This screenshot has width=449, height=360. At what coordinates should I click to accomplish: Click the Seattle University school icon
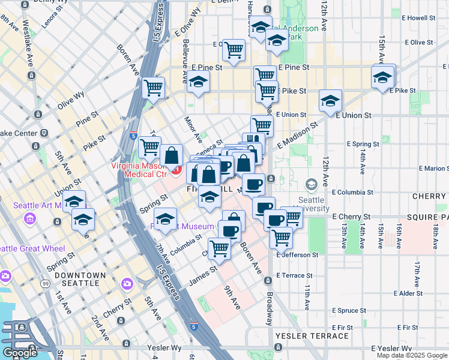(x=311, y=184)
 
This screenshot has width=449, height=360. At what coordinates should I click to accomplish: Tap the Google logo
(x=20, y=352)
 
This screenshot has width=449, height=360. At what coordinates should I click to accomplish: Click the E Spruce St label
(x=343, y=310)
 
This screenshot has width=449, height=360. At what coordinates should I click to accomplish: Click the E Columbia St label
(x=352, y=193)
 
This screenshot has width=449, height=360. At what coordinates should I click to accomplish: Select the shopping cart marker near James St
(x=219, y=247)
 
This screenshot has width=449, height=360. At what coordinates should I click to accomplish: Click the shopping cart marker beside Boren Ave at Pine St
(x=154, y=87)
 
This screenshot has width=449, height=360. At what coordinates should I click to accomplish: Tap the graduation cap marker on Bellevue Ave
(x=197, y=82)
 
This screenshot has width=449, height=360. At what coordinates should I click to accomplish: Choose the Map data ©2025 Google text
(x=411, y=355)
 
